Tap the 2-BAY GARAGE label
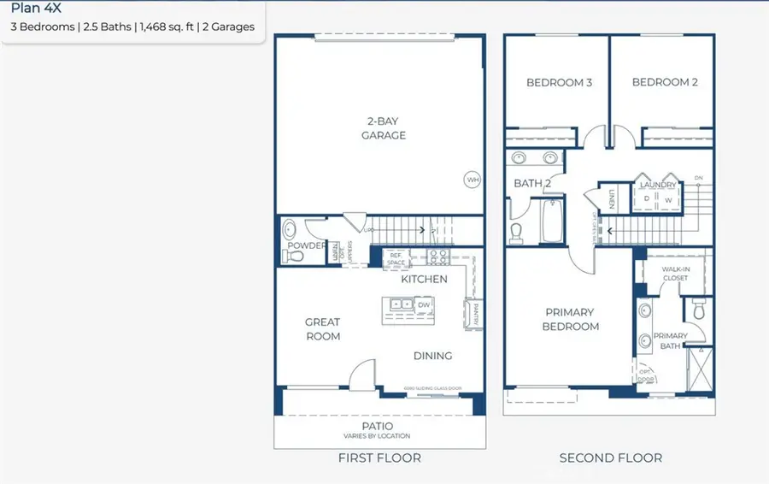383,128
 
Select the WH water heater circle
473,180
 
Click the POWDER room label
306,246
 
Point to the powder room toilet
289,230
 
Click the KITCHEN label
424,279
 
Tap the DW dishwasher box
424,304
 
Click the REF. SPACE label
396,257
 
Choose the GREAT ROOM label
323,329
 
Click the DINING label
432,356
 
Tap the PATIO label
377,426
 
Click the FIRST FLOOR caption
379,458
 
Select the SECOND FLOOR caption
610,458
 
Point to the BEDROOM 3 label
559,83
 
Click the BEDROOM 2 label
665,83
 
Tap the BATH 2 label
532,184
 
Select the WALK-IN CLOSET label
675,273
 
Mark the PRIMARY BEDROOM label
569,319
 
